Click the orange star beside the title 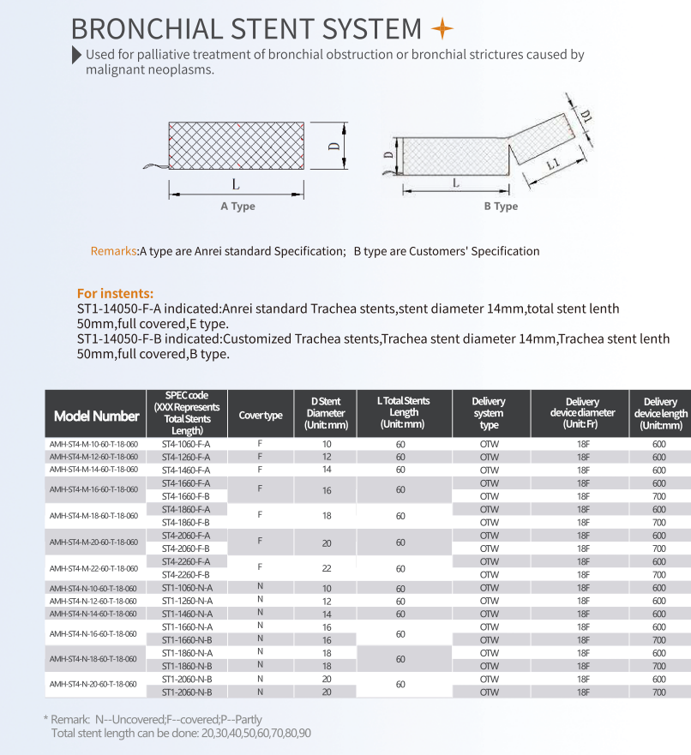[442, 29]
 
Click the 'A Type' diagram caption [237, 207]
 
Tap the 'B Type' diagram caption [501, 207]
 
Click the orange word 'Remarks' [114, 251]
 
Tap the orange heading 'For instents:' [116, 293]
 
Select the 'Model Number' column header [96, 416]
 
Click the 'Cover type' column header [261, 416]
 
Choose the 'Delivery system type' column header [489, 413]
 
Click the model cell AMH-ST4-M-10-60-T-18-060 [94, 444]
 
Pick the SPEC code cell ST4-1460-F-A [186, 470]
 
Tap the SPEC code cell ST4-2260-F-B [186, 574]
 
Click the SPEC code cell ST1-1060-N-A [186, 588]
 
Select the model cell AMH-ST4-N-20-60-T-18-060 [94, 685]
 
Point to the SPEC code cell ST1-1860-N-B [186, 666]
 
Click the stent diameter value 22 [327, 568]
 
